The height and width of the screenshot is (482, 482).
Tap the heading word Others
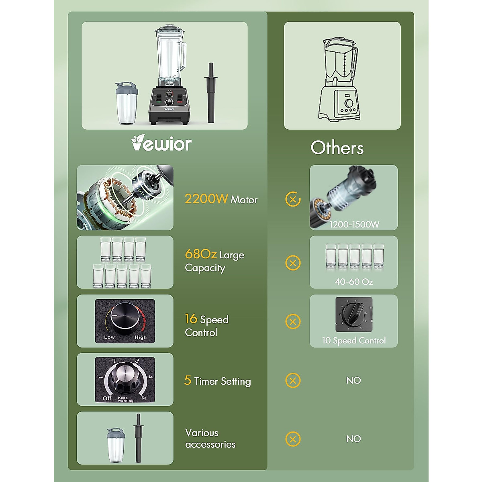[x=337, y=148]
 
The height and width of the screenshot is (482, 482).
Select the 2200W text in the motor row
[x=206, y=199]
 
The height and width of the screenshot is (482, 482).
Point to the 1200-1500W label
[x=354, y=225]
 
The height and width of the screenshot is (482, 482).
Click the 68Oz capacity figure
[x=200, y=254]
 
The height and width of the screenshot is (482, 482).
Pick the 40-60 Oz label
[x=354, y=282]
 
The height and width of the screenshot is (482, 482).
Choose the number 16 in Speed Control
[x=191, y=319]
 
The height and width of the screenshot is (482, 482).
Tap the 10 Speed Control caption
[x=354, y=341]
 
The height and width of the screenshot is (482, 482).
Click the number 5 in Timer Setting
[x=188, y=380]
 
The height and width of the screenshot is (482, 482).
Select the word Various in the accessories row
[x=202, y=433]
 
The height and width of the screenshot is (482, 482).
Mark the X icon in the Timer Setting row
[x=293, y=380]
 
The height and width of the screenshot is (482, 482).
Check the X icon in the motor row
[x=293, y=199]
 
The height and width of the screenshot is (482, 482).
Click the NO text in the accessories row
[x=353, y=439]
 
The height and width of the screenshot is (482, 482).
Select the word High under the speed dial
[x=141, y=337]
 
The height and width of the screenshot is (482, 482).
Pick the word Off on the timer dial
[x=107, y=398]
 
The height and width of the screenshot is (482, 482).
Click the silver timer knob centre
[x=125, y=377]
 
